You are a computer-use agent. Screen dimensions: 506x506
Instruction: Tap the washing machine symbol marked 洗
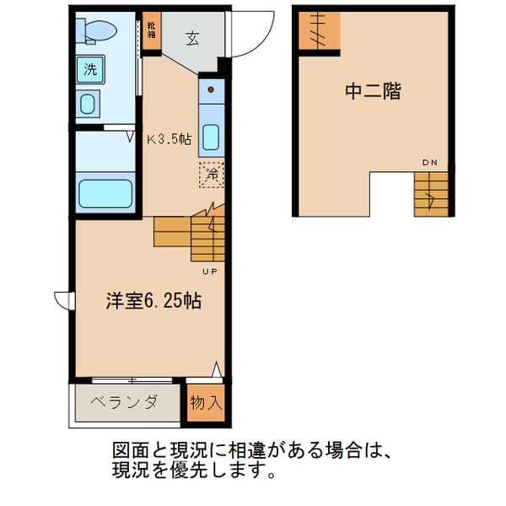point(89,69)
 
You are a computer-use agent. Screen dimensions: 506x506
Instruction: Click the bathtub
point(106,193)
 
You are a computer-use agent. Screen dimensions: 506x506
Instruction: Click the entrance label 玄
point(192,37)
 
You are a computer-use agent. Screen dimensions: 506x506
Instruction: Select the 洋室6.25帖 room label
point(152,300)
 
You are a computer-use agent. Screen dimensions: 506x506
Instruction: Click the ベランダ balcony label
point(125,401)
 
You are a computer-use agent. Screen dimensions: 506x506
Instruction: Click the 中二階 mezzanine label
point(372,91)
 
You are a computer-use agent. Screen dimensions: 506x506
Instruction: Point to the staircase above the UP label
point(191,235)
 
